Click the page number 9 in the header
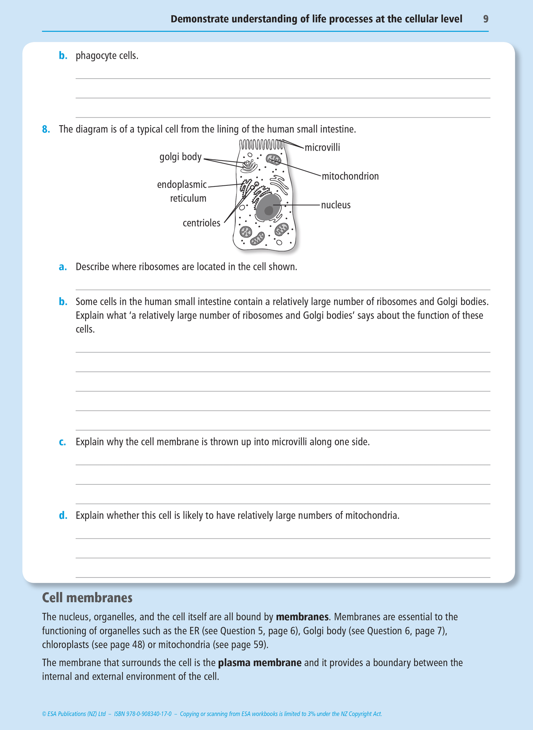486,19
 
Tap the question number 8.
46,129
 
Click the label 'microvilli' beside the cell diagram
322,148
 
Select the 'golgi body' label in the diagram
180,157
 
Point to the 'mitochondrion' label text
350,176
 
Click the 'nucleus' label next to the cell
336,205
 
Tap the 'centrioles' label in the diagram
201,223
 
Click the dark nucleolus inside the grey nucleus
269,210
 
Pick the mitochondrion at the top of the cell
274,160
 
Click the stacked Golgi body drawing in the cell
249,166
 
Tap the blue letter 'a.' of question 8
63,267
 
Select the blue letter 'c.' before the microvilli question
62,442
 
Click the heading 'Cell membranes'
87,597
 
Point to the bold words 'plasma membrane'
260,663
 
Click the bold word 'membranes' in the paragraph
302,617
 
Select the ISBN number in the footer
143,714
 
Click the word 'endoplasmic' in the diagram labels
182,185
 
